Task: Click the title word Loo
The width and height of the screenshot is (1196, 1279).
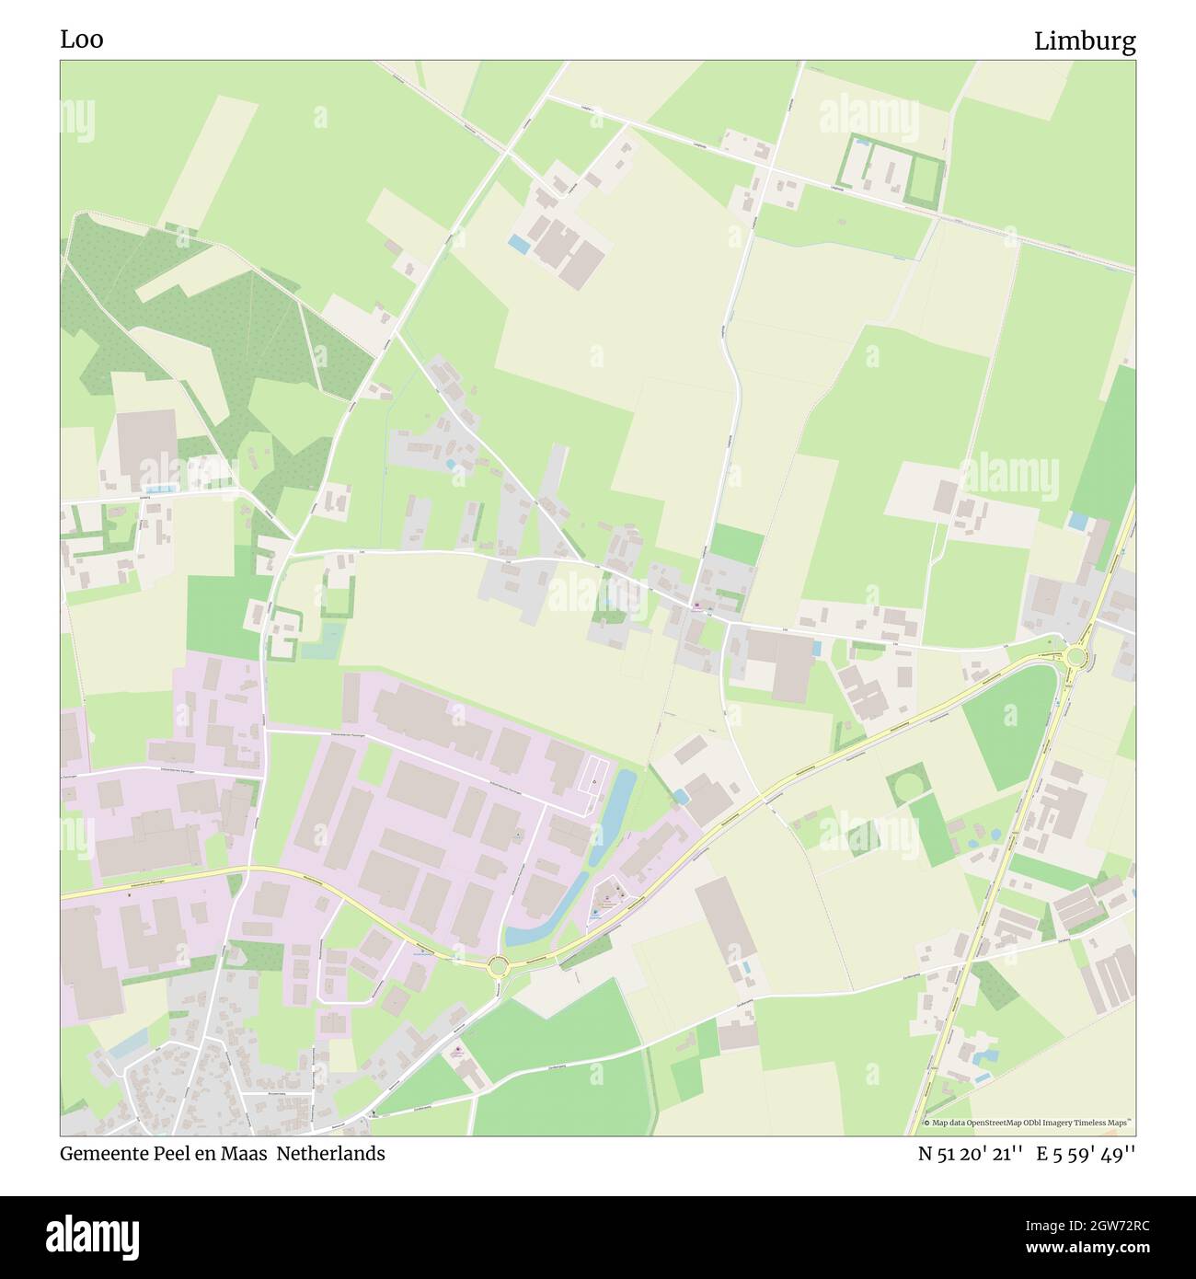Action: point(82,40)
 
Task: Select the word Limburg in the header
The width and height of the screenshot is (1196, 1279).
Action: point(1085,41)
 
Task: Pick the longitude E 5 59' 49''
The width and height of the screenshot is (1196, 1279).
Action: point(1086,1154)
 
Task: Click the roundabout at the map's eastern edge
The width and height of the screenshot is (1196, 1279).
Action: point(1074,656)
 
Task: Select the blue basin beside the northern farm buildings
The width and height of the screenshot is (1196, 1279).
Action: point(518,245)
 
